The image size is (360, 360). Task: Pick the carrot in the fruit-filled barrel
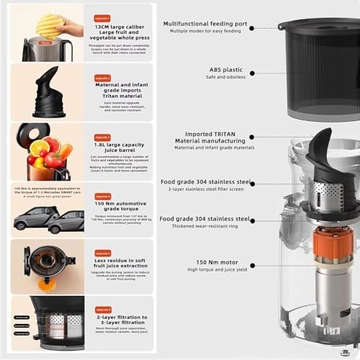[x=65, y=150]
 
